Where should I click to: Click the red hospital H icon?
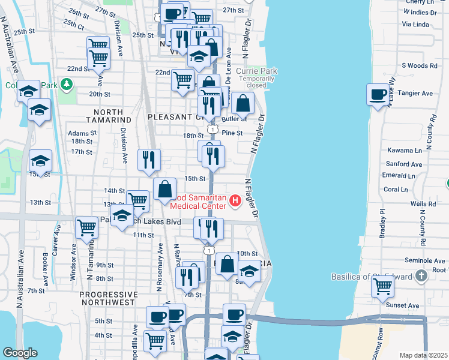coord(235,200)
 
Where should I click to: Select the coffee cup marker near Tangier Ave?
coord(378,95)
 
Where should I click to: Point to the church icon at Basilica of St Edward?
coord(421,276)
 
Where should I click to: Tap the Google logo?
coord(20,352)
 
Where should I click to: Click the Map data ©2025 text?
coord(423,355)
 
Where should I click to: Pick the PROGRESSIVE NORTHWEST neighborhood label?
coord(108,298)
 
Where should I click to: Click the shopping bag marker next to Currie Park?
coord(243,104)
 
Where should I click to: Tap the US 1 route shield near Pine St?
coord(212,128)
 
